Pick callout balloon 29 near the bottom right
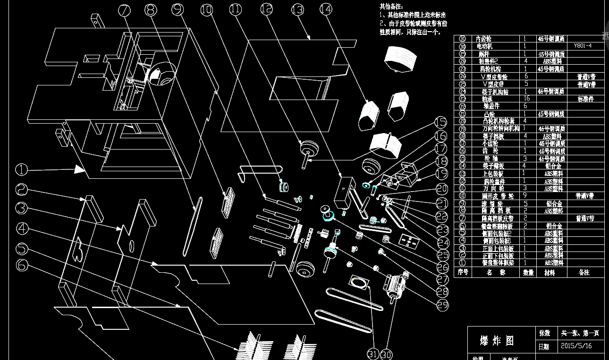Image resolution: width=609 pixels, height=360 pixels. (442, 305)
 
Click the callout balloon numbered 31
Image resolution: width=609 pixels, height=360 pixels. (373, 353)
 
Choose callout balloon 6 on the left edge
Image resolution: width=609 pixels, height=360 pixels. (22, 265)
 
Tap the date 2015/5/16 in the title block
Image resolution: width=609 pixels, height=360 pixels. (576, 346)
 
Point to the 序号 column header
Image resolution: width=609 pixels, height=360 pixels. (463, 273)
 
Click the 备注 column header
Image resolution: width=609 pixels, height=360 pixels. (585, 273)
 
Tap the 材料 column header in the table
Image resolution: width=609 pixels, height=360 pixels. (549, 273)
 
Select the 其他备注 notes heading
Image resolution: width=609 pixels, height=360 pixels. (391, 6)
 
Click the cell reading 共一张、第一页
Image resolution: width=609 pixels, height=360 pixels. (580, 333)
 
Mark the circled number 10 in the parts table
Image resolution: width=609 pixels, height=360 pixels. (463, 196)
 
